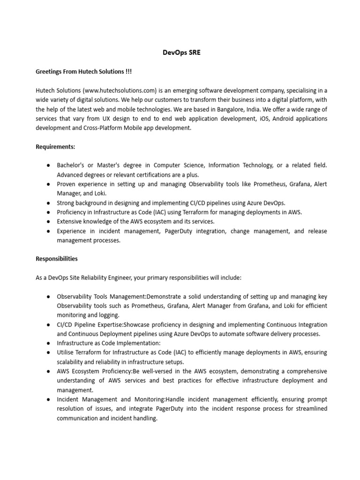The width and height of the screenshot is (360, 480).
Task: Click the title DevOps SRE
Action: click(x=180, y=53)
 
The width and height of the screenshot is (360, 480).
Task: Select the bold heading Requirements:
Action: click(x=55, y=147)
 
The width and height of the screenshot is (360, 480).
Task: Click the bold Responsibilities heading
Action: click(x=57, y=259)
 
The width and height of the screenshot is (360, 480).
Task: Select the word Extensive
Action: click(x=68, y=221)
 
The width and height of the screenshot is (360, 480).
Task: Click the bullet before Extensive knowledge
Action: click(x=49, y=221)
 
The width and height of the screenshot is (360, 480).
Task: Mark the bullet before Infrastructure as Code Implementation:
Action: click(x=49, y=343)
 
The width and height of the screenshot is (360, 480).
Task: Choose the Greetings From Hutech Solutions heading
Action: click(x=84, y=72)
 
